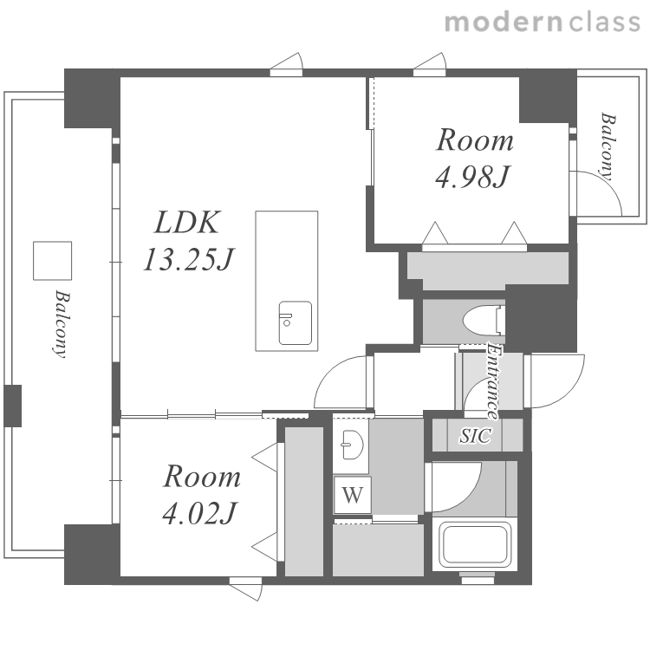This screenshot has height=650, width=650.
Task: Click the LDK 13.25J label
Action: point(189,241)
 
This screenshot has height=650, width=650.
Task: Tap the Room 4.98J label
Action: point(474,159)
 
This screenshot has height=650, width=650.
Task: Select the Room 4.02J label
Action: point(201,495)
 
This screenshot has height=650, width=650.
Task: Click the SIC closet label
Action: point(476,435)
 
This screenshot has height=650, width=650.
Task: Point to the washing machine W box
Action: point(353,495)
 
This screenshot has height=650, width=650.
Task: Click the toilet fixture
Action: point(484,321)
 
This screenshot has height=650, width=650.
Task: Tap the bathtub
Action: point(475,544)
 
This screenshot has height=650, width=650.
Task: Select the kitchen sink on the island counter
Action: point(296,323)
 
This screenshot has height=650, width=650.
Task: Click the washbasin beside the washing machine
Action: point(352,445)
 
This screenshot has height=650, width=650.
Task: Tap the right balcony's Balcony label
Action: point(608,146)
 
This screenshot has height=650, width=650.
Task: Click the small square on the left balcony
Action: point(52,261)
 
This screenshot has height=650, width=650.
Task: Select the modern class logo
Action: point(543,23)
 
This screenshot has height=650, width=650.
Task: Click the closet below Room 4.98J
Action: point(487,269)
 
